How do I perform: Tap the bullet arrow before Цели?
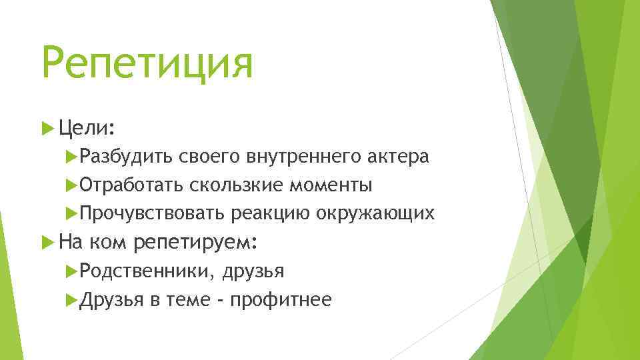[47, 127]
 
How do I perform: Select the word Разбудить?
[125, 157]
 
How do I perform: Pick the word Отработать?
[131, 185]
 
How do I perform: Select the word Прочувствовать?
[153, 213]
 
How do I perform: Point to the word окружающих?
[376, 213]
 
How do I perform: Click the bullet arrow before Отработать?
[73, 185]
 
